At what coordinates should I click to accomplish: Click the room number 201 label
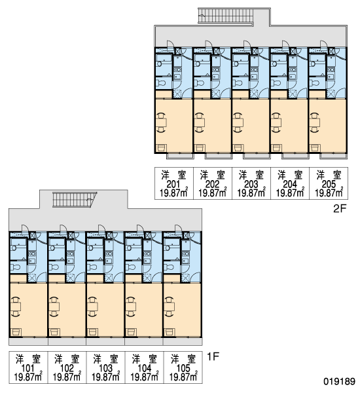[173, 184]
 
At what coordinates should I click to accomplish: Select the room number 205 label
[329, 184]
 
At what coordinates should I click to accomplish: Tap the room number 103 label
[106, 368]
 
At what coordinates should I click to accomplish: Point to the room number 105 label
[183, 368]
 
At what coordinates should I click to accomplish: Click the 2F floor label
[340, 208]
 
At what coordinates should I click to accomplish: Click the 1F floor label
[213, 356]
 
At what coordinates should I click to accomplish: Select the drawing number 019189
[340, 381]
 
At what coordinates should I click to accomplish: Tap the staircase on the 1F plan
[75, 200]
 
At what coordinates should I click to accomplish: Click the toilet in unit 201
[160, 83]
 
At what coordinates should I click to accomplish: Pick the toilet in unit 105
[168, 267]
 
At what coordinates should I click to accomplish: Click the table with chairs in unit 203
[238, 122]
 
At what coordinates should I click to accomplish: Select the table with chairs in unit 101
[16, 307]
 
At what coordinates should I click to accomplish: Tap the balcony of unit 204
[295, 156]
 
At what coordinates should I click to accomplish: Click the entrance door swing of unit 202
[208, 44]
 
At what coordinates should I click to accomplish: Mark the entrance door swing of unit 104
[140, 228]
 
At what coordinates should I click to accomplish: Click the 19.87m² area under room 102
[67, 377]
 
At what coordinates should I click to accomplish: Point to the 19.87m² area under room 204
[290, 193]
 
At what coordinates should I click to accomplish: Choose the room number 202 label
[212, 184]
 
